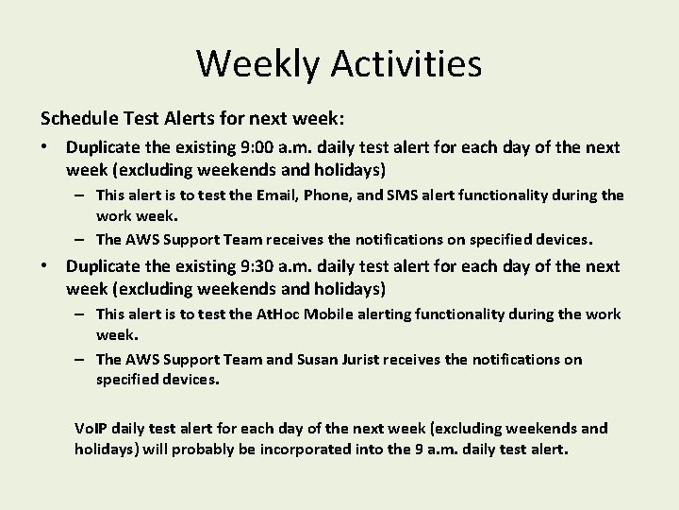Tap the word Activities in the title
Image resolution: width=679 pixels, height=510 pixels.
click(x=406, y=64)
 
